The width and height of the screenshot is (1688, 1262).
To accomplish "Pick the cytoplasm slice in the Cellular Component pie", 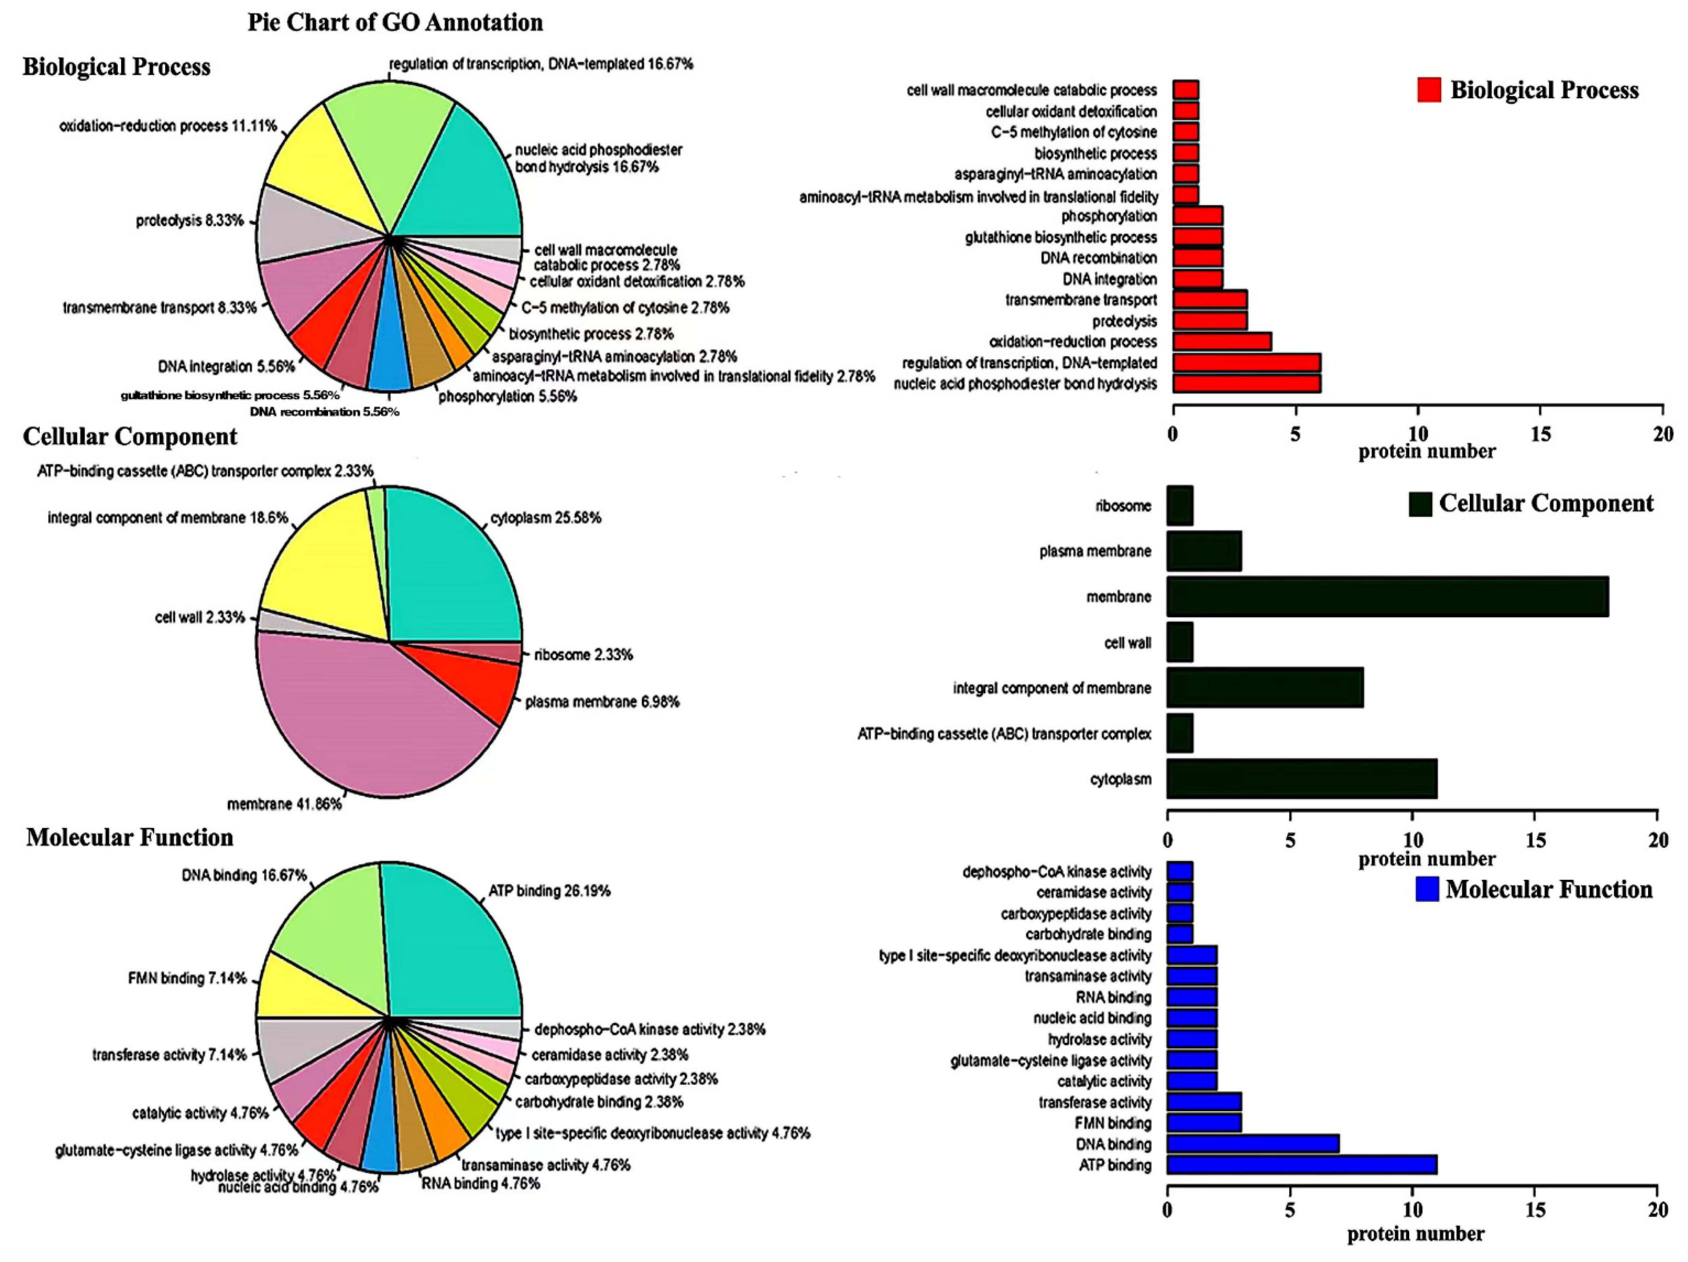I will click(450, 572).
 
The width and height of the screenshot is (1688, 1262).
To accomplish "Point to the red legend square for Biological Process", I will click(1429, 90).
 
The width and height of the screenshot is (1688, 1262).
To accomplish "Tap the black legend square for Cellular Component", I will click(1420, 504).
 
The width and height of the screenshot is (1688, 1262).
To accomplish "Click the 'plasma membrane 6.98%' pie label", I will click(602, 702).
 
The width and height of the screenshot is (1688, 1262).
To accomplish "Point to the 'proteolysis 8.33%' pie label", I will click(190, 221).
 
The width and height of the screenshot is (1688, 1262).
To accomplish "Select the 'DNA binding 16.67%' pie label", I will click(244, 875).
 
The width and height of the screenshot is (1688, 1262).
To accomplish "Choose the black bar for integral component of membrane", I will click(1264, 688).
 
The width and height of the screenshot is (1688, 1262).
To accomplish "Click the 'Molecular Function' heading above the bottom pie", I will click(130, 838).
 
